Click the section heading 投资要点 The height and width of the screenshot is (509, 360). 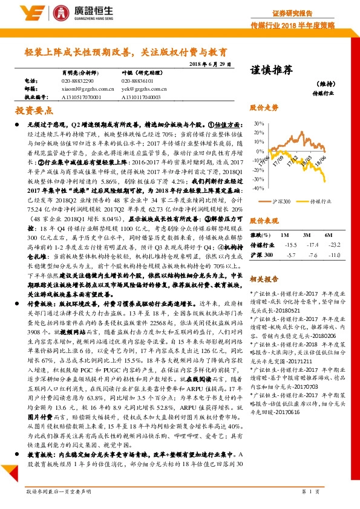coord(34,111)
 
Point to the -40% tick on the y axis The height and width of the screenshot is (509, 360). coord(259,188)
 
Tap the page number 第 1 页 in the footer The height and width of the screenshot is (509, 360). coord(309,493)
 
